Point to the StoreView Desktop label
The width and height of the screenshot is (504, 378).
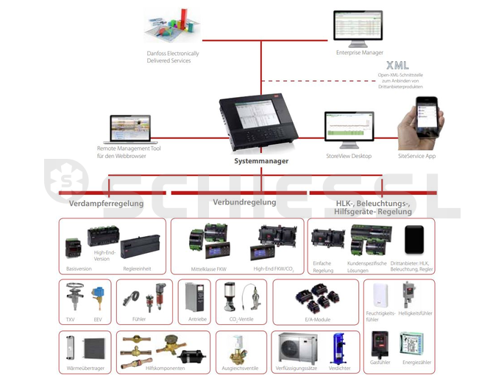[x=349, y=156]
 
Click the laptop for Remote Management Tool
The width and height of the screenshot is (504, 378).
[x=129, y=129]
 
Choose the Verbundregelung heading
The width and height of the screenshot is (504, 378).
[x=244, y=202]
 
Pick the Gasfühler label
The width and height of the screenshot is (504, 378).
[x=380, y=363]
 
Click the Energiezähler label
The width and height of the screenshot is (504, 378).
[x=411, y=363]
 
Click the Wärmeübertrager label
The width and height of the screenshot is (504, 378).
[x=84, y=367]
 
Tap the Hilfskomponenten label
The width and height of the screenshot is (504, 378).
[x=162, y=367]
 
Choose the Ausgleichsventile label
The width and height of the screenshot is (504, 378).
[x=241, y=367]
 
